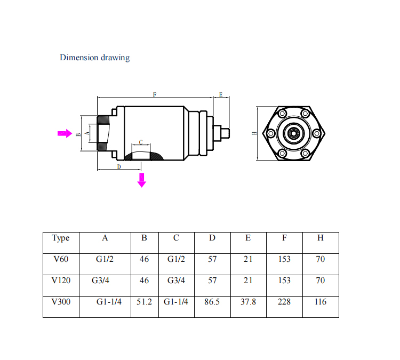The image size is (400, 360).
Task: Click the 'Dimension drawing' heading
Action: tap(94, 57)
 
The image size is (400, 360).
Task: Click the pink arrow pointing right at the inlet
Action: tap(65, 133)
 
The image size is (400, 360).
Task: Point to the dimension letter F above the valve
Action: tap(155, 94)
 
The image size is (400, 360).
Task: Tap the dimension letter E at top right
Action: tap(221, 94)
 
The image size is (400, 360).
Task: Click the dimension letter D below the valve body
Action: tap(118, 167)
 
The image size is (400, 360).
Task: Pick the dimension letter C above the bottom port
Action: tap(141, 142)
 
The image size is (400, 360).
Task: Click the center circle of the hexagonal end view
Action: tap(293, 133)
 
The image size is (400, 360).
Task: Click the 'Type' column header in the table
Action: tap(61, 238)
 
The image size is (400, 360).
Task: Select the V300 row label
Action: tap(61, 301)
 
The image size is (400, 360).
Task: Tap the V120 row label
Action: tap(61, 280)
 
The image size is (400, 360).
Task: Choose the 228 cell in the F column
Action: tap(284, 301)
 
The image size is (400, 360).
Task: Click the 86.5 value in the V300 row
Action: tap(212, 301)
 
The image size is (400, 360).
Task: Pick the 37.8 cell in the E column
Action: tap(248, 301)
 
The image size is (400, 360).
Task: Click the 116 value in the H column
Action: tap(320, 301)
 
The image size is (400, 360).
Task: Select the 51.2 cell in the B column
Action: tap(144, 301)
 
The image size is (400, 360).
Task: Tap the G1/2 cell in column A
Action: tap(105, 259)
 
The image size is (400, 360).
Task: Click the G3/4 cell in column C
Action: tap(176, 280)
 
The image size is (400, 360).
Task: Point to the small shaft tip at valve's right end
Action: tap(226, 132)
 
